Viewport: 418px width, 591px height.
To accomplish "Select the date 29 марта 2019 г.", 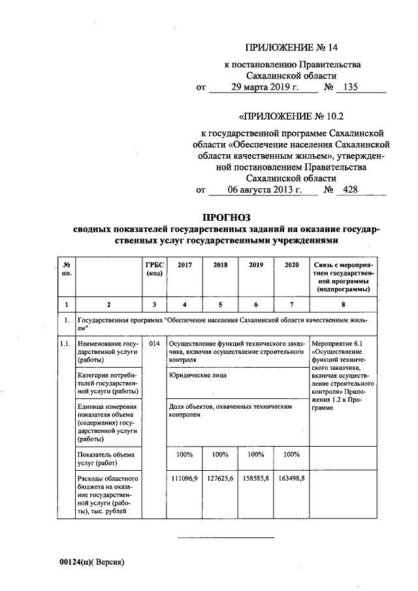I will coord(260,88).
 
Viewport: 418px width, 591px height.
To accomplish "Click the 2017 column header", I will coord(185,264).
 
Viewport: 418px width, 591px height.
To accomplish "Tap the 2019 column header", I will coord(256,264).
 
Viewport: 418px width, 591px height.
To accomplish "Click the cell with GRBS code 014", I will coord(153,343).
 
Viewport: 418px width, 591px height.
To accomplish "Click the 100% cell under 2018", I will coord(221,454).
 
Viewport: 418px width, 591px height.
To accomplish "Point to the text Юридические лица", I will coord(194,376).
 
